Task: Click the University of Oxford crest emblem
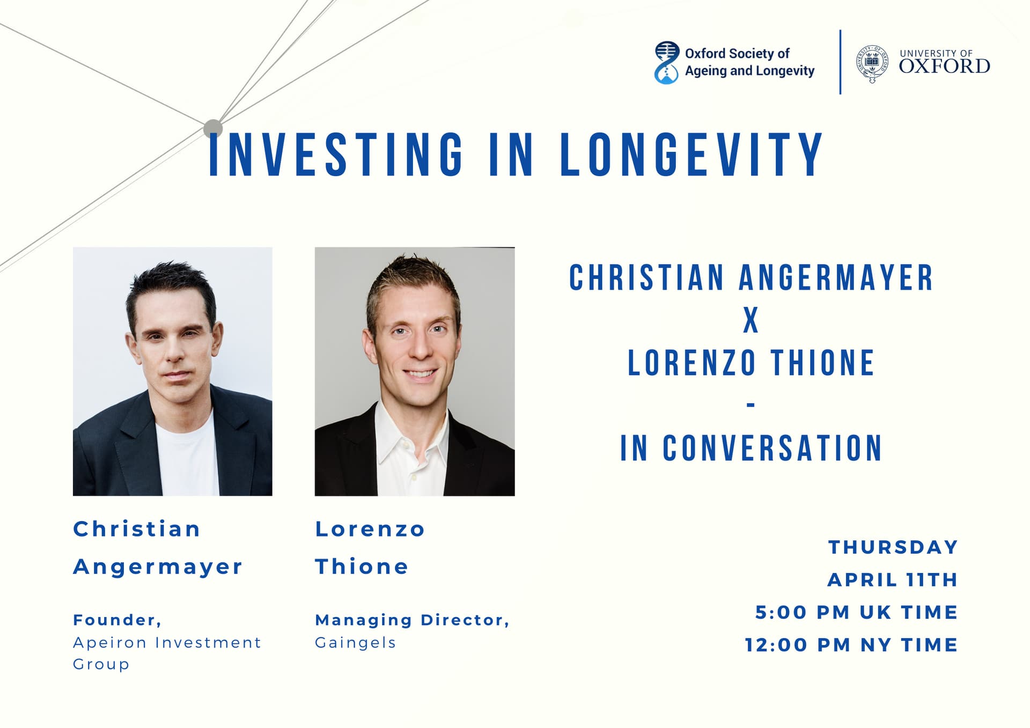(872, 64)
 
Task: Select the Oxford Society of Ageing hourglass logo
(667, 63)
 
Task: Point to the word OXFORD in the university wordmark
(945, 67)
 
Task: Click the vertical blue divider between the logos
(840, 62)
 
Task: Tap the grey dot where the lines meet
(213, 129)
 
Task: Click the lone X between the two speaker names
(751, 320)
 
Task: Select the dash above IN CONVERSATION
(751, 406)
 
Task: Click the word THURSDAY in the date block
(893, 547)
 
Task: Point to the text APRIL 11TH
(893, 580)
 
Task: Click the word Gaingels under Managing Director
(355, 643)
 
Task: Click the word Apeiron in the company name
(110, 643)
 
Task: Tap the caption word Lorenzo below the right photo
(370, 530)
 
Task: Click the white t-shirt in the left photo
(187, 456)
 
